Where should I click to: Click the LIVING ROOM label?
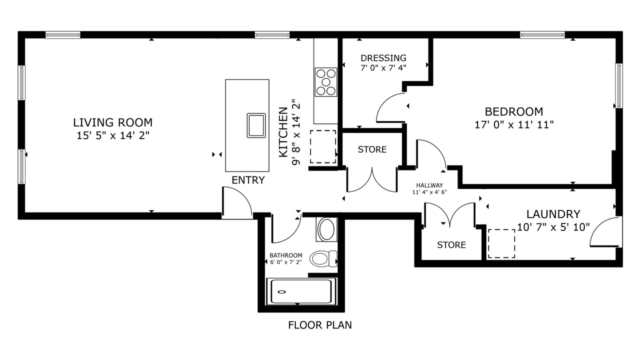(113, 122)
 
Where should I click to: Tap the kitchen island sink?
(256, 125)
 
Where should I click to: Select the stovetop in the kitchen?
(325, 82)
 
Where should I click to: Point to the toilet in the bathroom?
(323, 258)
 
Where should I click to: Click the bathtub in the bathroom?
(301, 291)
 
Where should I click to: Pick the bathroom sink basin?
(326, 229)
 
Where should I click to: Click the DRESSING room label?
(383, 58)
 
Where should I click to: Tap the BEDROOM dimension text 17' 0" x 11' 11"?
(514, 125)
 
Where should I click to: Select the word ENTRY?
(248, 180)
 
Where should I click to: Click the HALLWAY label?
(429, 185)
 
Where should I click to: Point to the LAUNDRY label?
(553, 214)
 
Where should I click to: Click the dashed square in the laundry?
(501, 243)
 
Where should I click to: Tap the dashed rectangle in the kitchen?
(323, 146)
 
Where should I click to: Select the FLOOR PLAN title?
(320, 325)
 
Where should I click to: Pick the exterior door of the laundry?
(606, 231)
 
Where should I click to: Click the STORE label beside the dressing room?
(372, 149)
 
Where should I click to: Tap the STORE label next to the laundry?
(451, 245)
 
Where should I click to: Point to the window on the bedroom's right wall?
(618, 85)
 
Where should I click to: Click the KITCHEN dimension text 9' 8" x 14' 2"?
(296, 132)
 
